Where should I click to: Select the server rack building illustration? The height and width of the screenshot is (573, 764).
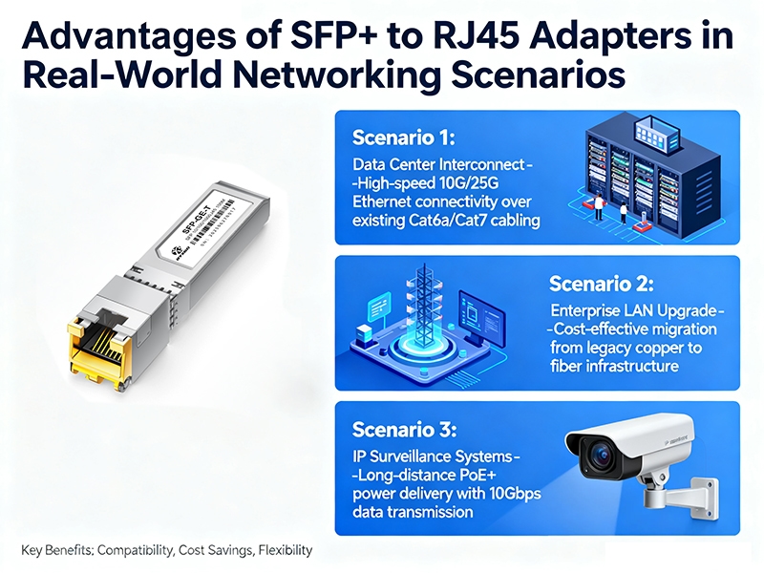click(x=638, y=177)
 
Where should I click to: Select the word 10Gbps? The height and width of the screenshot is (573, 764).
click(x=479, y=493)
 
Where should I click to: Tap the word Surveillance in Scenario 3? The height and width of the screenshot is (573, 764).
click(x=413, y=456)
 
